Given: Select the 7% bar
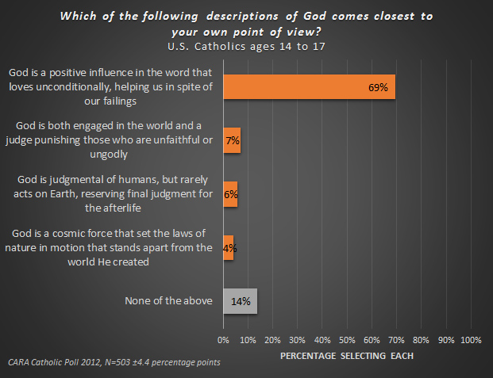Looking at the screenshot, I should [232, 140].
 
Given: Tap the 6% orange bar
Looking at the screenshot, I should [230, 194].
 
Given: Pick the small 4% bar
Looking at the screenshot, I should [229, 247].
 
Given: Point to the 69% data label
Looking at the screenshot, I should [377, 87].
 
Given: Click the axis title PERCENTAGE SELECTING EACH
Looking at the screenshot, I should [346, 356].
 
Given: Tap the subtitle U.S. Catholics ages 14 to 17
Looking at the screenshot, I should [246, 46].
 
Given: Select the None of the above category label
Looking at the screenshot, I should [169, 301].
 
